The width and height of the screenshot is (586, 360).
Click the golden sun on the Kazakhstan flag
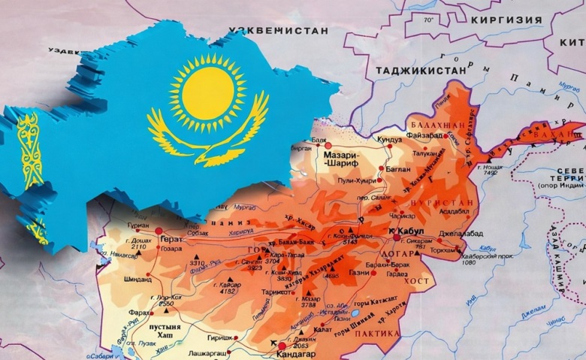pos(207,92)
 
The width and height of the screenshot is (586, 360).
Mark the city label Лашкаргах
pos(225,352)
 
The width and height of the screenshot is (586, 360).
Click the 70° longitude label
pos(429,20)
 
